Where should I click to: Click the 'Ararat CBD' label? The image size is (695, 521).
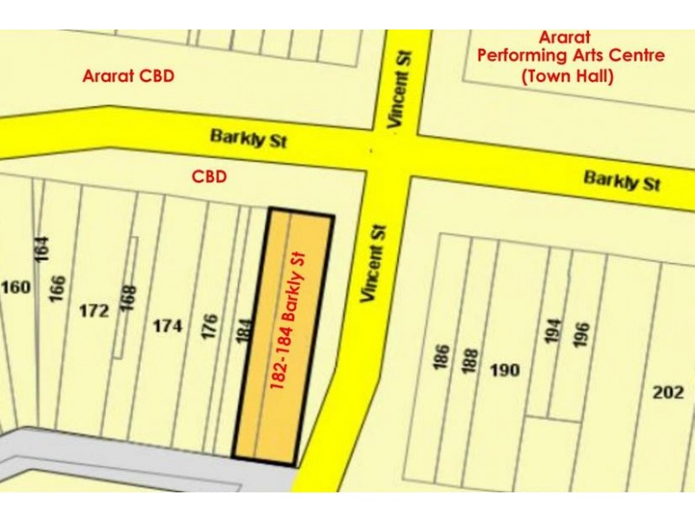click(128, 76)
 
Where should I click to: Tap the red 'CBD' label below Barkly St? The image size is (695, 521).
click(208, 177)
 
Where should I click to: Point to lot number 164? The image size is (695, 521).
click(43, 251)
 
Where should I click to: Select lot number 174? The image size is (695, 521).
click(168, 326)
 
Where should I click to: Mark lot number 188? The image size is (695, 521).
click(470, 360)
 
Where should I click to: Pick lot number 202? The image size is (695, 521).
click(668, 392)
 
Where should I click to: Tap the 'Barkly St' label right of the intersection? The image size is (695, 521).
click(622, 181)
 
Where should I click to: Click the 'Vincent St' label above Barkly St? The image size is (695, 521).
click(400, 89)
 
